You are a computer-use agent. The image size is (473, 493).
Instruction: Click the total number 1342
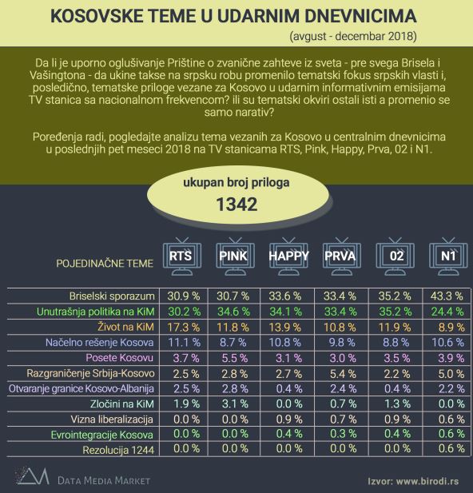coord(236,205)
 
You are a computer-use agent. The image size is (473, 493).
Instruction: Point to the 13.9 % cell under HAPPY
coord(288,328)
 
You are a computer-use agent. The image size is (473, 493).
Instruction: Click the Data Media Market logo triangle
coord(29,478)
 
